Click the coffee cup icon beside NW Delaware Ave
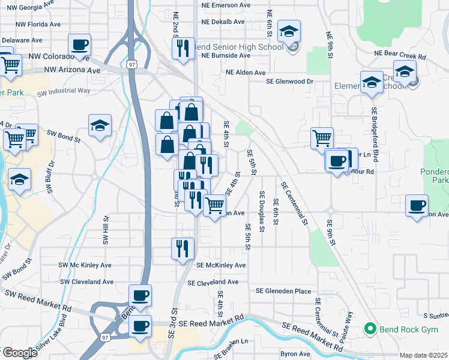tap(79, 44)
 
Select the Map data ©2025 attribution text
tap(423, 355)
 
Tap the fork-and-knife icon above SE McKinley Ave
tap(182, 248)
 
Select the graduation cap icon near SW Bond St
tap(100, 126)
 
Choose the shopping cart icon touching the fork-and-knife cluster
tap(214, 205)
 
